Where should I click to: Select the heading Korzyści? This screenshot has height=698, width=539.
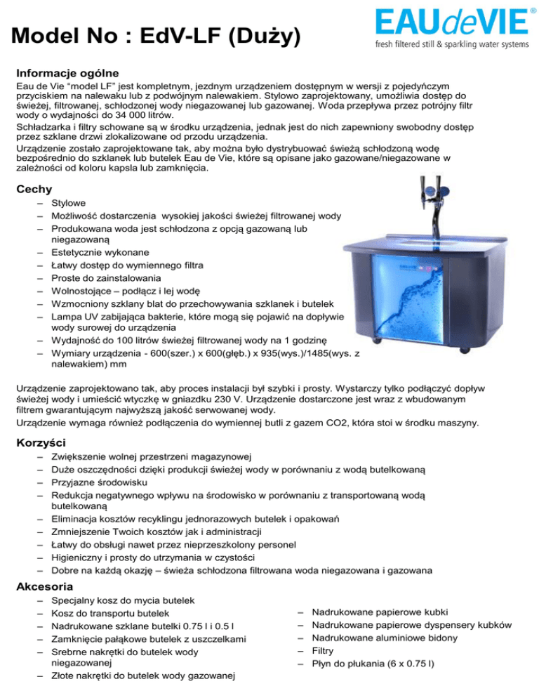41,443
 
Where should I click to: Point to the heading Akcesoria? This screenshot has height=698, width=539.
45,586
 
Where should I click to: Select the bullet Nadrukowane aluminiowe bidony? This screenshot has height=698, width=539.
384,638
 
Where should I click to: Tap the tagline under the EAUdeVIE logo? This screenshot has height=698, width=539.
452,44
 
